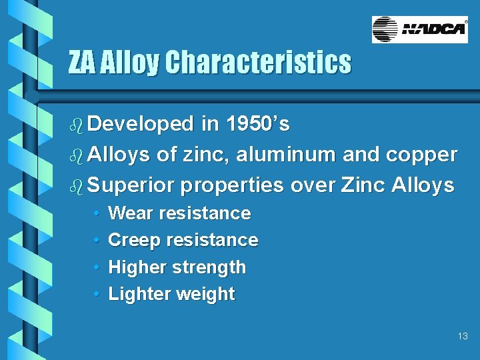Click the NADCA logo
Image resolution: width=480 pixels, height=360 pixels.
(419, 29)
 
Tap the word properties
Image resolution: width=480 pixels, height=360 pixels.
(231, 185)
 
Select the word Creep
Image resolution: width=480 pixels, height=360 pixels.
(133, 241)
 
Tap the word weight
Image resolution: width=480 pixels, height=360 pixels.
(203, 295)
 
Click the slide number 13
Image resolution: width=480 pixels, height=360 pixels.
(463, 337)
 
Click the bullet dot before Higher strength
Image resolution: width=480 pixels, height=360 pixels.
(97, 268)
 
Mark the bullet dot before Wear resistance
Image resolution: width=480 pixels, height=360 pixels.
(97, 214)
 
